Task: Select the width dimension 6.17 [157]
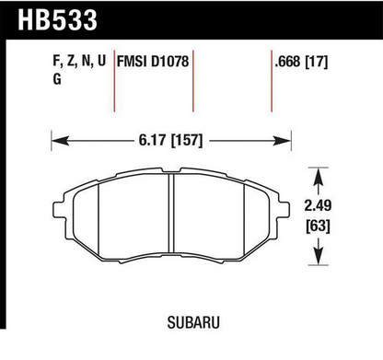tap(172, 141)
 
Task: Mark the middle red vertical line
tap(193, 83)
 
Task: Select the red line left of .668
tap(273, 83)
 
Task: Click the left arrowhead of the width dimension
tap(56, 141)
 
